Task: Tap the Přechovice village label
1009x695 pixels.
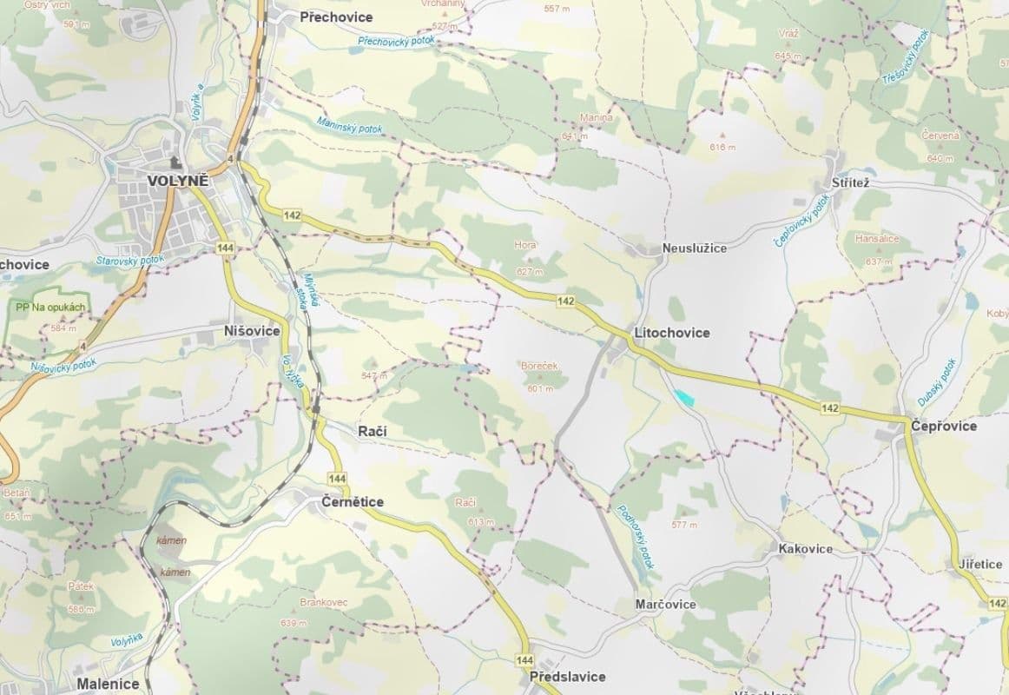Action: tap(336, 17)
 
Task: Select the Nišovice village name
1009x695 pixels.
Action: tap(252, 331)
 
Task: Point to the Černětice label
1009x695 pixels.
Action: tap(352, 502)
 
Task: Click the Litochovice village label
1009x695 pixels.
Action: tap(671, 333)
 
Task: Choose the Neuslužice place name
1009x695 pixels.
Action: tap(694, 248)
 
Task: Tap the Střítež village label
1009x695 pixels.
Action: tap(850, 184)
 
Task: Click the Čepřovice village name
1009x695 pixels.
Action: tap(944, 426)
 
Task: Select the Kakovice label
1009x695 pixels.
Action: tap(805, 548)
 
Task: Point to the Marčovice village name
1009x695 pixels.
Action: tap(665, 605)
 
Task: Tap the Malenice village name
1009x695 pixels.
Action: tap(108, 684)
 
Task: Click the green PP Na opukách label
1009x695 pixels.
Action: tap(50, 307)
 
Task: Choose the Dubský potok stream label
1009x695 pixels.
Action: tap(937, 382)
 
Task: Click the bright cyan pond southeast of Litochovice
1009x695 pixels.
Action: tap(684, 395)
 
